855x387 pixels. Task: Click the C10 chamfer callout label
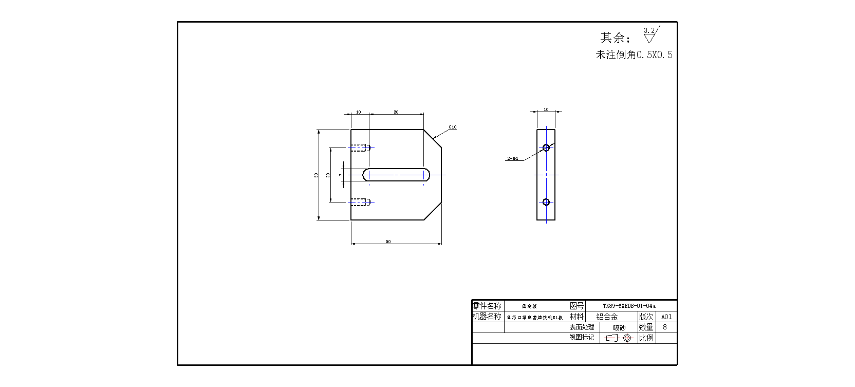(x=452, y=127)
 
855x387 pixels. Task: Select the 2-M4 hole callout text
(x=512, y=158)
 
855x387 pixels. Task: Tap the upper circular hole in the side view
(x=546, y=148)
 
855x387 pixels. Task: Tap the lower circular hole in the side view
(x=546, y=202)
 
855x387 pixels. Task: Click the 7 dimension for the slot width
(x=340, y=175)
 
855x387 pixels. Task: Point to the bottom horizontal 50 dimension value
(x=388, y=242)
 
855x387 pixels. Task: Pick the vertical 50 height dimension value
(x=316, y=175)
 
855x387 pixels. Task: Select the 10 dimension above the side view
(x=546, y=109)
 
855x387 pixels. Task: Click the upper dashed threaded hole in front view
(x=359, y=148)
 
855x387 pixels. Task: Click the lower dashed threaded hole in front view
(x=359, y=202)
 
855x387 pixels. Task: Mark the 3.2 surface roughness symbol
(x=650, y=35)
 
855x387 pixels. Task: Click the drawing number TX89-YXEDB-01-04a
(x=629, y=306)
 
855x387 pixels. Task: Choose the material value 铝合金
(x=607, y=317)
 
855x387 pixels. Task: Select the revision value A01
(x=666, y=317)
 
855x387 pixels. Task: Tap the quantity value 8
(x=665, y=327)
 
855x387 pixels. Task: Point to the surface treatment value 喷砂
(x=619, y=327)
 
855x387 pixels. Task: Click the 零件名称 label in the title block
(x=487, y=306)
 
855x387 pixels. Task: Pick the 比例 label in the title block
(x=646, y=338)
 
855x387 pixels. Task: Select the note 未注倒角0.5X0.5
(x=634, y=54)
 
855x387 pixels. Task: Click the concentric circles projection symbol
(x=627, y=338)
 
